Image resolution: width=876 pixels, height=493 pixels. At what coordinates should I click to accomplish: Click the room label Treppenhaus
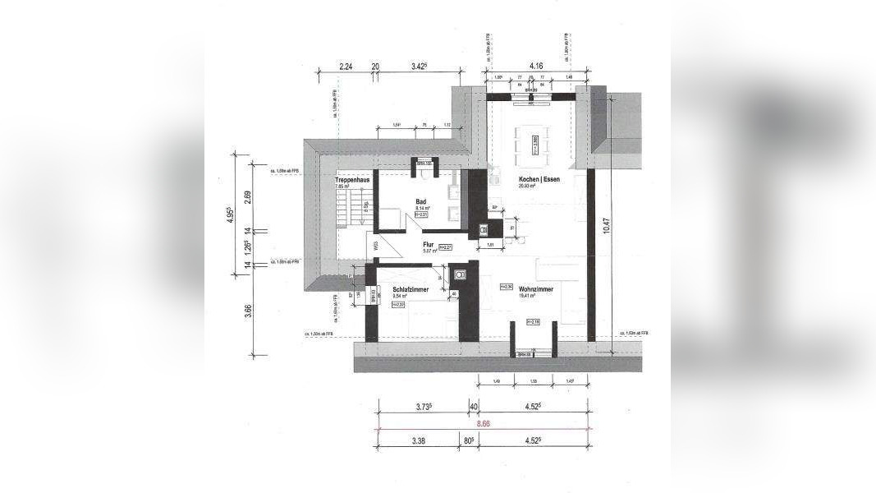click(351, 180)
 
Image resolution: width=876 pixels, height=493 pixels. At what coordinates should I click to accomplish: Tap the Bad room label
click(421, 201)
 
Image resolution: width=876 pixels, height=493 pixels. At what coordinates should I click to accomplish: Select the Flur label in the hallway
click(428, 244)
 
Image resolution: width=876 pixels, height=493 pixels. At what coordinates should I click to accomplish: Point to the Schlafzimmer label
click(410, 289)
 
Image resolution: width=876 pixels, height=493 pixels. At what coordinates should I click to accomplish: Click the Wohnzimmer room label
click(535, 289)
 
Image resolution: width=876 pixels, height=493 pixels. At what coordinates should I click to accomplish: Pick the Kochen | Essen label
click(539, 179)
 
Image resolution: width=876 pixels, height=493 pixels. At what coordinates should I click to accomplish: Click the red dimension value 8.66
click(482, 424)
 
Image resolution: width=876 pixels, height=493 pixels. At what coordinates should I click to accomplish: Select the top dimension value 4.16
click(537, 65)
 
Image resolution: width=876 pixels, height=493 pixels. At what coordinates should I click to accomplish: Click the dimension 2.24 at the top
click(345, 65)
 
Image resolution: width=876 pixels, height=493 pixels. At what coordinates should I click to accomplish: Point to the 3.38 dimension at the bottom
click(417, 440)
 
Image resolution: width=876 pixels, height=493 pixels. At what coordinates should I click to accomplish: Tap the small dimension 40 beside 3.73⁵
click(473, 406)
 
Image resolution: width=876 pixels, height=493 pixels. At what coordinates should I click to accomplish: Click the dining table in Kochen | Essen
click(534, 141)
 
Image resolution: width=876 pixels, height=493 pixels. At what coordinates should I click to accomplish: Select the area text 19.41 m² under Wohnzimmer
click(527, 297)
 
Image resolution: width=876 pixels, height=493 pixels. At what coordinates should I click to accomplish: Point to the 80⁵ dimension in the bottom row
click(468, 440)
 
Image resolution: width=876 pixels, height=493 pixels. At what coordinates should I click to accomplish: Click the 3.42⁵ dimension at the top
click(422, 65)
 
